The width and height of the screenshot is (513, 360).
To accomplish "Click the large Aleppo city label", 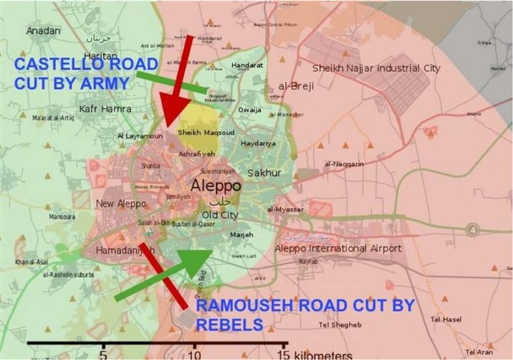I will (215, 186).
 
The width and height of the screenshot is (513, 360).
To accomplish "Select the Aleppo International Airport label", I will (338, 248).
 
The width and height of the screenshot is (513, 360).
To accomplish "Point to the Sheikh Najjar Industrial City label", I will (375, 68).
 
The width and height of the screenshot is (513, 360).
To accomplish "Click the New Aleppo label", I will (121, 204).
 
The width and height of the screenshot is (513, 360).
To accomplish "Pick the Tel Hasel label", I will (446, 318).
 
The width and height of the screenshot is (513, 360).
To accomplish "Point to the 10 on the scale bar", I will (194, 354).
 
